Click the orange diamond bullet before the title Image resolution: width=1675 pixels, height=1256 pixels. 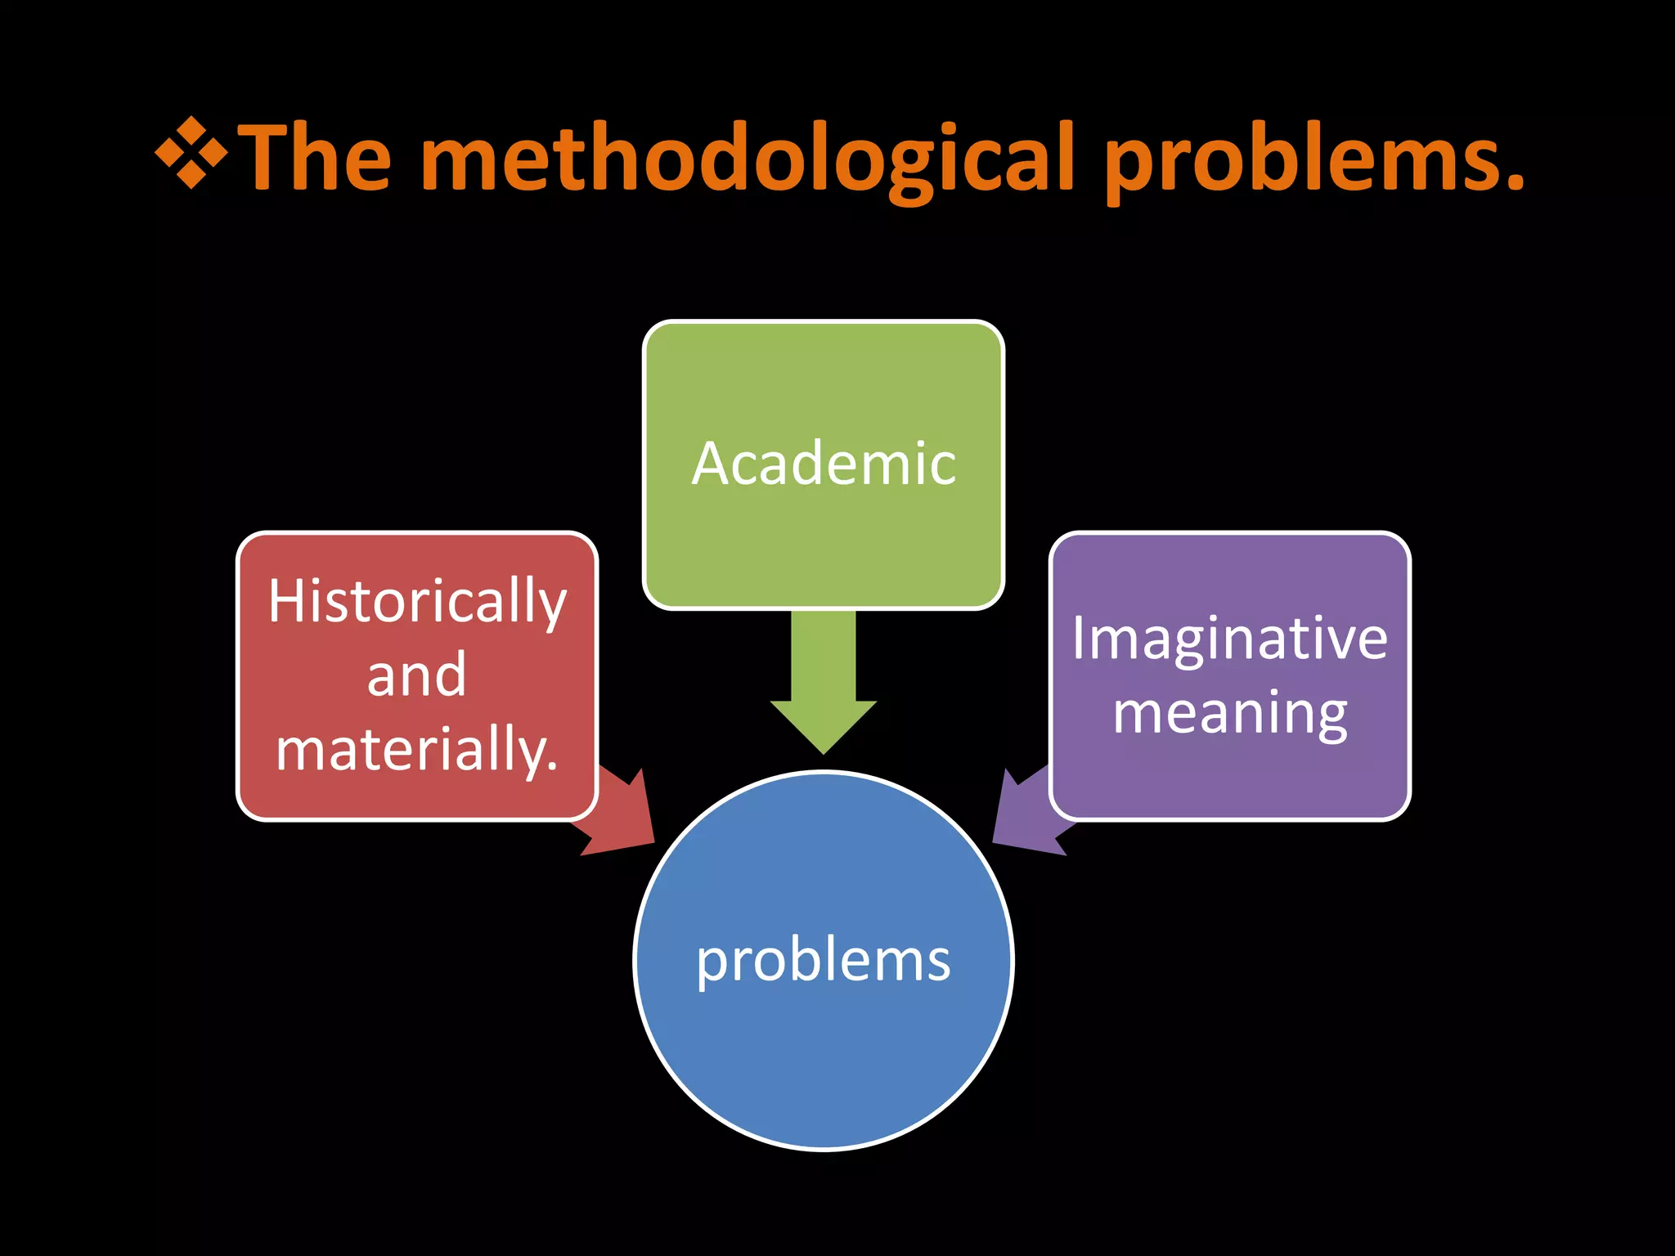tap(191, 153)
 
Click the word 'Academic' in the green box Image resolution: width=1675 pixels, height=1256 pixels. tap(824, 464)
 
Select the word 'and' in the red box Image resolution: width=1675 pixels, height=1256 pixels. tap(417, 675)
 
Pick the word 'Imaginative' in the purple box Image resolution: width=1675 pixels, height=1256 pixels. tap(1230, 639)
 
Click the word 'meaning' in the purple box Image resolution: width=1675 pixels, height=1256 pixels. tap(1230, 713)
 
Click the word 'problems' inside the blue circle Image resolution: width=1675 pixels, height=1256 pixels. tap(824, 961)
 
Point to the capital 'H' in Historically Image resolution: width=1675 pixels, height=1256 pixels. tap(285, 601)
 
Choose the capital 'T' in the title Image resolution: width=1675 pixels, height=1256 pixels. tap(269, 156)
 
